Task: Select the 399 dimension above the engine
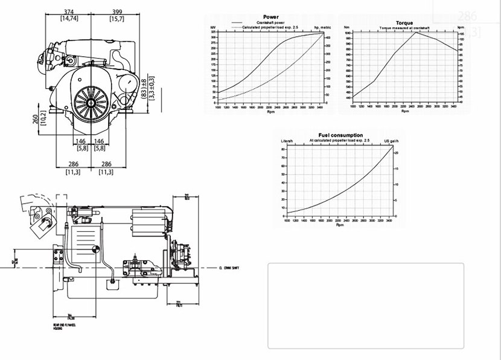pos(117,11)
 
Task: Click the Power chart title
pos(271,17)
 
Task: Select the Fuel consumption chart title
pos(340,135)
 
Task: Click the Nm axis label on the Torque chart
pos(346,28)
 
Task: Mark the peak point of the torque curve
pos(415,32)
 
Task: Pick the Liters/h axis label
pos(287,141)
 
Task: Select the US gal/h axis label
pos(392,141)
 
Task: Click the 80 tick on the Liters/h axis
pos(283,147)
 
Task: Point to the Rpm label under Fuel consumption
pos(339,226)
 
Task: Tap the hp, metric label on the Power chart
pos(322,28)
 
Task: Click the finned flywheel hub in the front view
pos(91,103)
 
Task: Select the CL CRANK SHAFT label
pos(229,268)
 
